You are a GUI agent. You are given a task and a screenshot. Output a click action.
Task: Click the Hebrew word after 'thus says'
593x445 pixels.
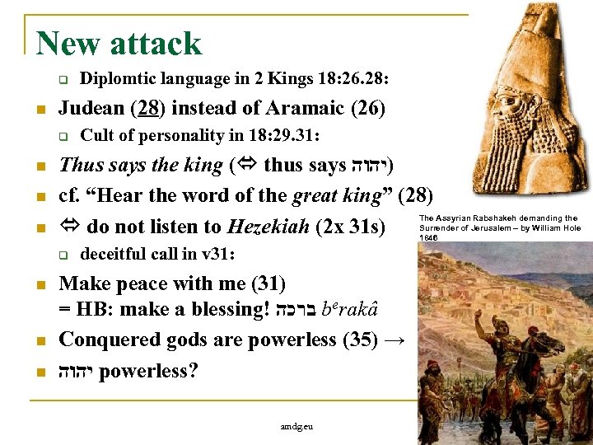click(x=367, y=166)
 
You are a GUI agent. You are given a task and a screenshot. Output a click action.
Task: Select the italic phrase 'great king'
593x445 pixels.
click(x=343, y=194)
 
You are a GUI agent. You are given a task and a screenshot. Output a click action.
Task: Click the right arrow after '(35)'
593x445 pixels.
click(x=393, y=340)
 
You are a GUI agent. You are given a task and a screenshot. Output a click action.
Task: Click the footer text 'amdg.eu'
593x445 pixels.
click(x=296, y=427)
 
